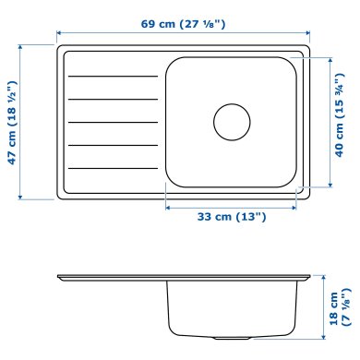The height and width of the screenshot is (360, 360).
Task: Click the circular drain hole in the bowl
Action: pyautogui.click(x=232, y=121)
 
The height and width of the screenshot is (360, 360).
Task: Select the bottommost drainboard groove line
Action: pyautogui.click(x=112, y=168)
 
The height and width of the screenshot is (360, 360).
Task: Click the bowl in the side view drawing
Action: pyautogui.click(x=234, y=309)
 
